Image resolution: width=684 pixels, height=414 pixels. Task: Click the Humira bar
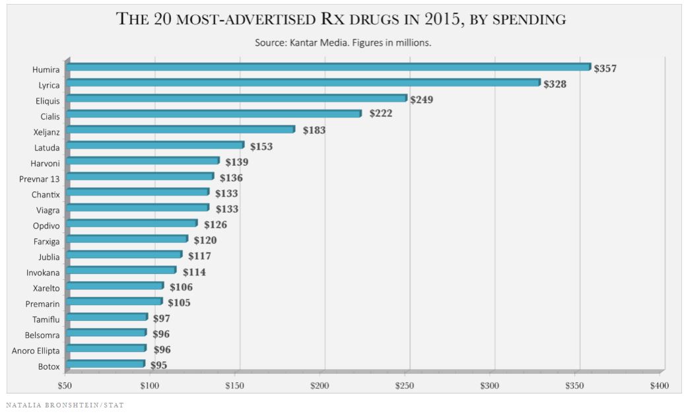[328, 67]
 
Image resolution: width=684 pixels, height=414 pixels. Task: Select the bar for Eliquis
[236, 98]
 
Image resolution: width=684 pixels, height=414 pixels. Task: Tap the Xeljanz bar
[180, 129]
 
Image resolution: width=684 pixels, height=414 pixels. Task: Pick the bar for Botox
[105, 364]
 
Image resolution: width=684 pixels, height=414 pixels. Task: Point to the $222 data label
[381, 114]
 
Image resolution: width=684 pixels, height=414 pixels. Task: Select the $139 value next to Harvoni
[237, 162]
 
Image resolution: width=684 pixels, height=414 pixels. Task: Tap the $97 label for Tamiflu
[162, 318]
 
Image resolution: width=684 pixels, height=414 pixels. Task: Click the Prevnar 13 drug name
[41, 178]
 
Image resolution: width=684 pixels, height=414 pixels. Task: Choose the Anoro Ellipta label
[36, 351]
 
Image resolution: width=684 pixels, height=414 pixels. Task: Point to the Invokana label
[42, 272]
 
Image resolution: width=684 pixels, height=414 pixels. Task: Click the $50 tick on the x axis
[65, 385]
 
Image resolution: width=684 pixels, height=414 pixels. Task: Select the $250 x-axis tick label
[405, 385]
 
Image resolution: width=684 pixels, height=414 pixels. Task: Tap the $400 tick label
[660, 385]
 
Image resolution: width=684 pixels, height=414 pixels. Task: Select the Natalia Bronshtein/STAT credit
[65, 405]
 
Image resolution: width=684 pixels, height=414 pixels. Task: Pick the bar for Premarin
[114, 302]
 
